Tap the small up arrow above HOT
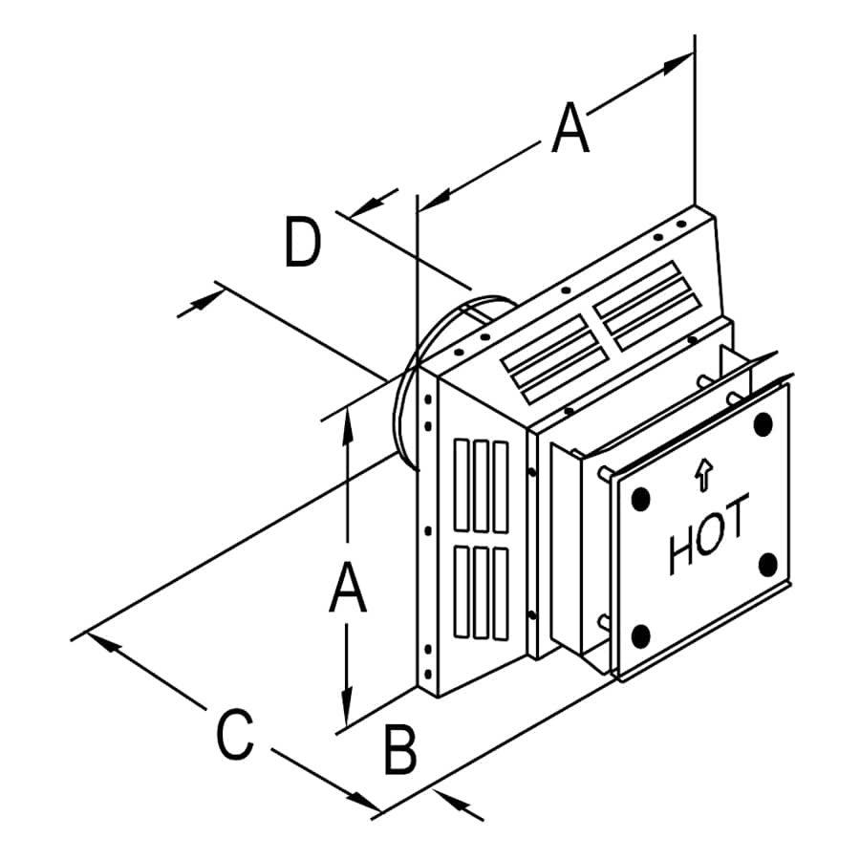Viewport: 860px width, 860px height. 704,474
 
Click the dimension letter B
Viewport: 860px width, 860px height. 400,750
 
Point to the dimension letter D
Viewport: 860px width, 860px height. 303,242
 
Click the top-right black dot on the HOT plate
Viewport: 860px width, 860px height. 763,424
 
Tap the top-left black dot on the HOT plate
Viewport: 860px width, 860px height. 641,498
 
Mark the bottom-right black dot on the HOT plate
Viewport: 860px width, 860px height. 767,564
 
